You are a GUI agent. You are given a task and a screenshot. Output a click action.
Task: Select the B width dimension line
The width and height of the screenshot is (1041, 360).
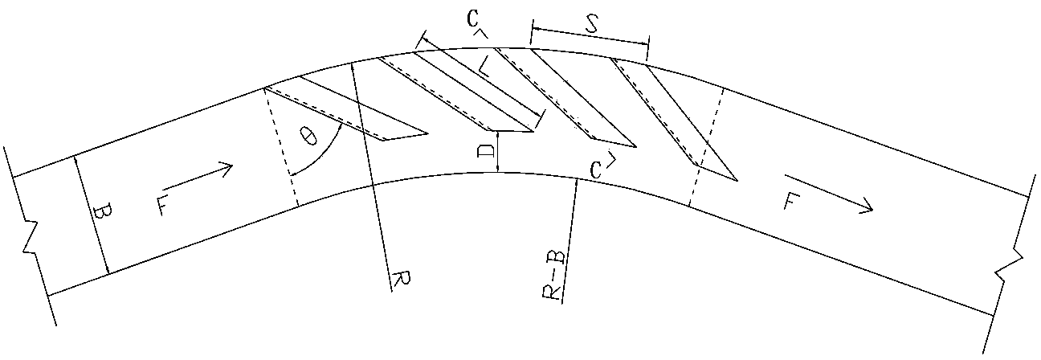(92, 215)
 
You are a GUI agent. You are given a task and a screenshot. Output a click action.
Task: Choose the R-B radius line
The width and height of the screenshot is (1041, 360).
(569, 241)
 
